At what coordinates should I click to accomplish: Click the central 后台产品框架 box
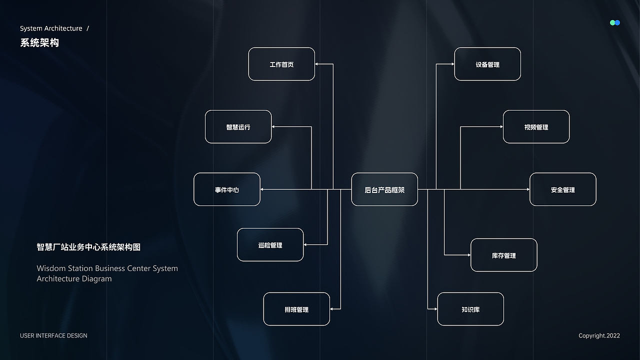pyautogui.click(x=384, y=189)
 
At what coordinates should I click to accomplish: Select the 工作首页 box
pyautogui.click(x=281, y=64)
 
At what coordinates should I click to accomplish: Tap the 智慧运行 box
pyautogui.click(x=238, y=126)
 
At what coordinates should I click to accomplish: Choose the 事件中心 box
pyautogui.click(x=227, y=189)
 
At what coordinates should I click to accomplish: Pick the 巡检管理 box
pyautogui.click(x=270, y=244)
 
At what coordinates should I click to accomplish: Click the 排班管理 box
pyautogui.click(x=296, y=309)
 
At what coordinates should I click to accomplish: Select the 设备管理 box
pyautogui.click(x=487, y=64)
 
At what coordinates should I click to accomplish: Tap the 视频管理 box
pyautogui.click(x=536, y=126)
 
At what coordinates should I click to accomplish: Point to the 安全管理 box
pyautogui.click(x=563, y=189)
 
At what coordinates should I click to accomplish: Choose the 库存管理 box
pyautogui.click(x=504, y=255)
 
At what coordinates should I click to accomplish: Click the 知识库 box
pyautogui.click(x=470, y=309)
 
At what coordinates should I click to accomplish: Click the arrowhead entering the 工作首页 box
pyautogui.click(x=316, y=64)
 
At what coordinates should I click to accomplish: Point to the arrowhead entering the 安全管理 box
pyautogui.click(x=528, y=189)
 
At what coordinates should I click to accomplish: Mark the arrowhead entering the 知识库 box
pyautogui.click(x=435, y=309)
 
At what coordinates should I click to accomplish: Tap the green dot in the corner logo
pyautogui.click(x=612, y=22)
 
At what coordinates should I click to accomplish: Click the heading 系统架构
pyautogui.click(x=39, y=43)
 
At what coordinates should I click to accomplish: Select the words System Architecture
pyautogui.click(x=51, y=28)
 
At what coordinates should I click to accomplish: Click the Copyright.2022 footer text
pyautogui.click(x=599, y=335)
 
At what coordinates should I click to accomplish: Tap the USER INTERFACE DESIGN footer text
pyautogui.click(x=53, y=335)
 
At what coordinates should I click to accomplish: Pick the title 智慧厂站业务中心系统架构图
pyautogui.click(x=88, y=247)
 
